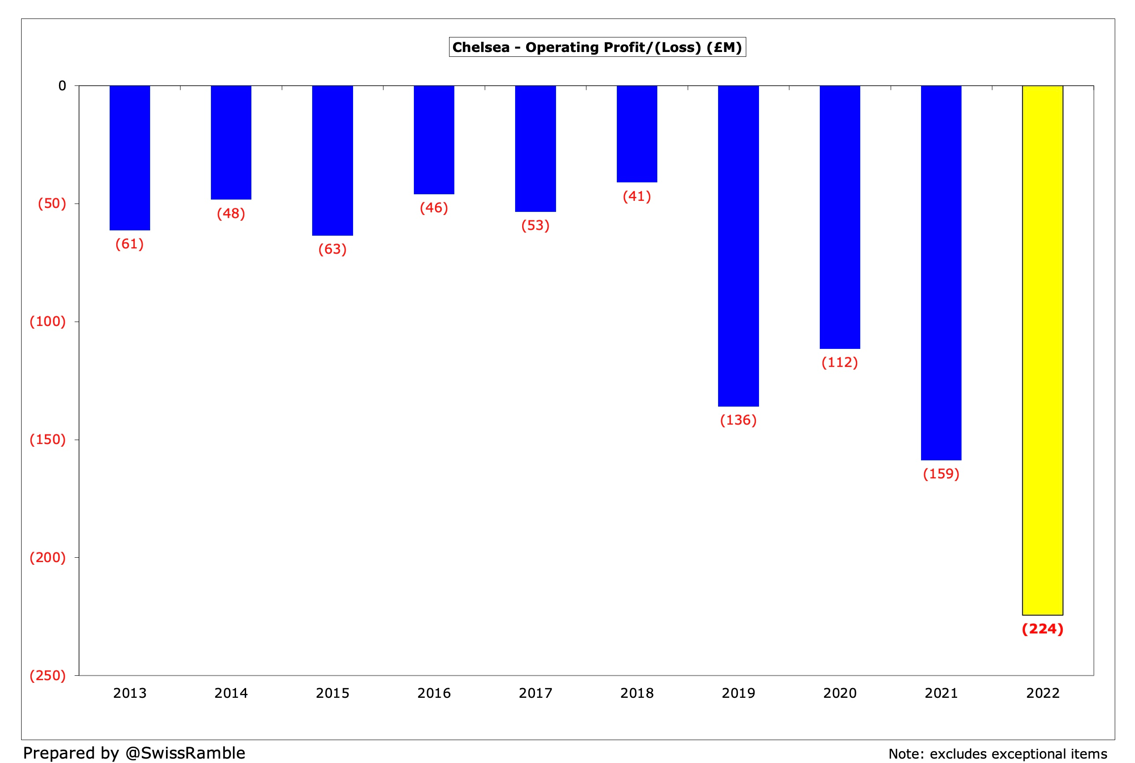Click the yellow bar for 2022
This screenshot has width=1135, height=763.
(x=1042, y=350)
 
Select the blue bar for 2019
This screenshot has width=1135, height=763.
(x=738, y=246)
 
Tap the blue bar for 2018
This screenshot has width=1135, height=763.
(x=637, y=134)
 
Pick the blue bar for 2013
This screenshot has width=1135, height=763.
(x=129, y=158)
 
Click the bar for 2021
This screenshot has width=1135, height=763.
(x=941, y=273)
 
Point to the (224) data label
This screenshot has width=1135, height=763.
(x=1042, y=629)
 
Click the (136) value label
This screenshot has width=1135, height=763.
(x=738, y=420)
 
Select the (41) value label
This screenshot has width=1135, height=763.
(x=637, y=196)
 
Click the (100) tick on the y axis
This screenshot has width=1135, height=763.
(x=48, y=321)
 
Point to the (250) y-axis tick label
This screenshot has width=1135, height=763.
(x=48, y=675)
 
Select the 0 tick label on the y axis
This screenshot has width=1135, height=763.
(x=62, y=86)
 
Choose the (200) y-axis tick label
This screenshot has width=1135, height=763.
(x=48, y=557)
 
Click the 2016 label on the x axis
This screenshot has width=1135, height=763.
(x=434, y=693)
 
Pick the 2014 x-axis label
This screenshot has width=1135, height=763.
(x=231, y=693)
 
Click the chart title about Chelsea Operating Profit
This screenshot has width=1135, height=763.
(x=597, y=47)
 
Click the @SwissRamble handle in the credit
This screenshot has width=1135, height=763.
(x=185, y=753)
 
